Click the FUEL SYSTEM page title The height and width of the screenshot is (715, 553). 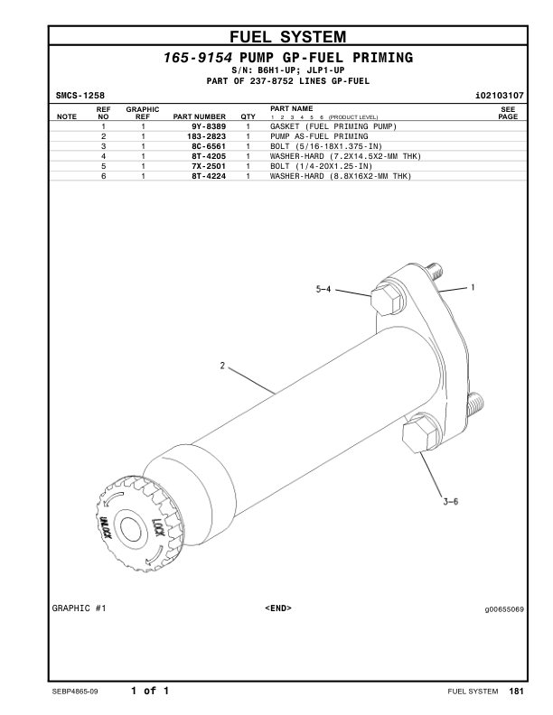[287, 37]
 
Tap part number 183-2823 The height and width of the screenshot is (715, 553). [206, 135]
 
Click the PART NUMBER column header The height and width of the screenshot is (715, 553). [199, 116]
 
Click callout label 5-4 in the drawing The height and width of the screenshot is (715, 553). [323, 290]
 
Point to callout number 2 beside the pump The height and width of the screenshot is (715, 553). [221, 365]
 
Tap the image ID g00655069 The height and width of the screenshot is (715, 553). [504, 608]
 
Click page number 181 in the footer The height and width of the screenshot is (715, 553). [516, 692]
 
